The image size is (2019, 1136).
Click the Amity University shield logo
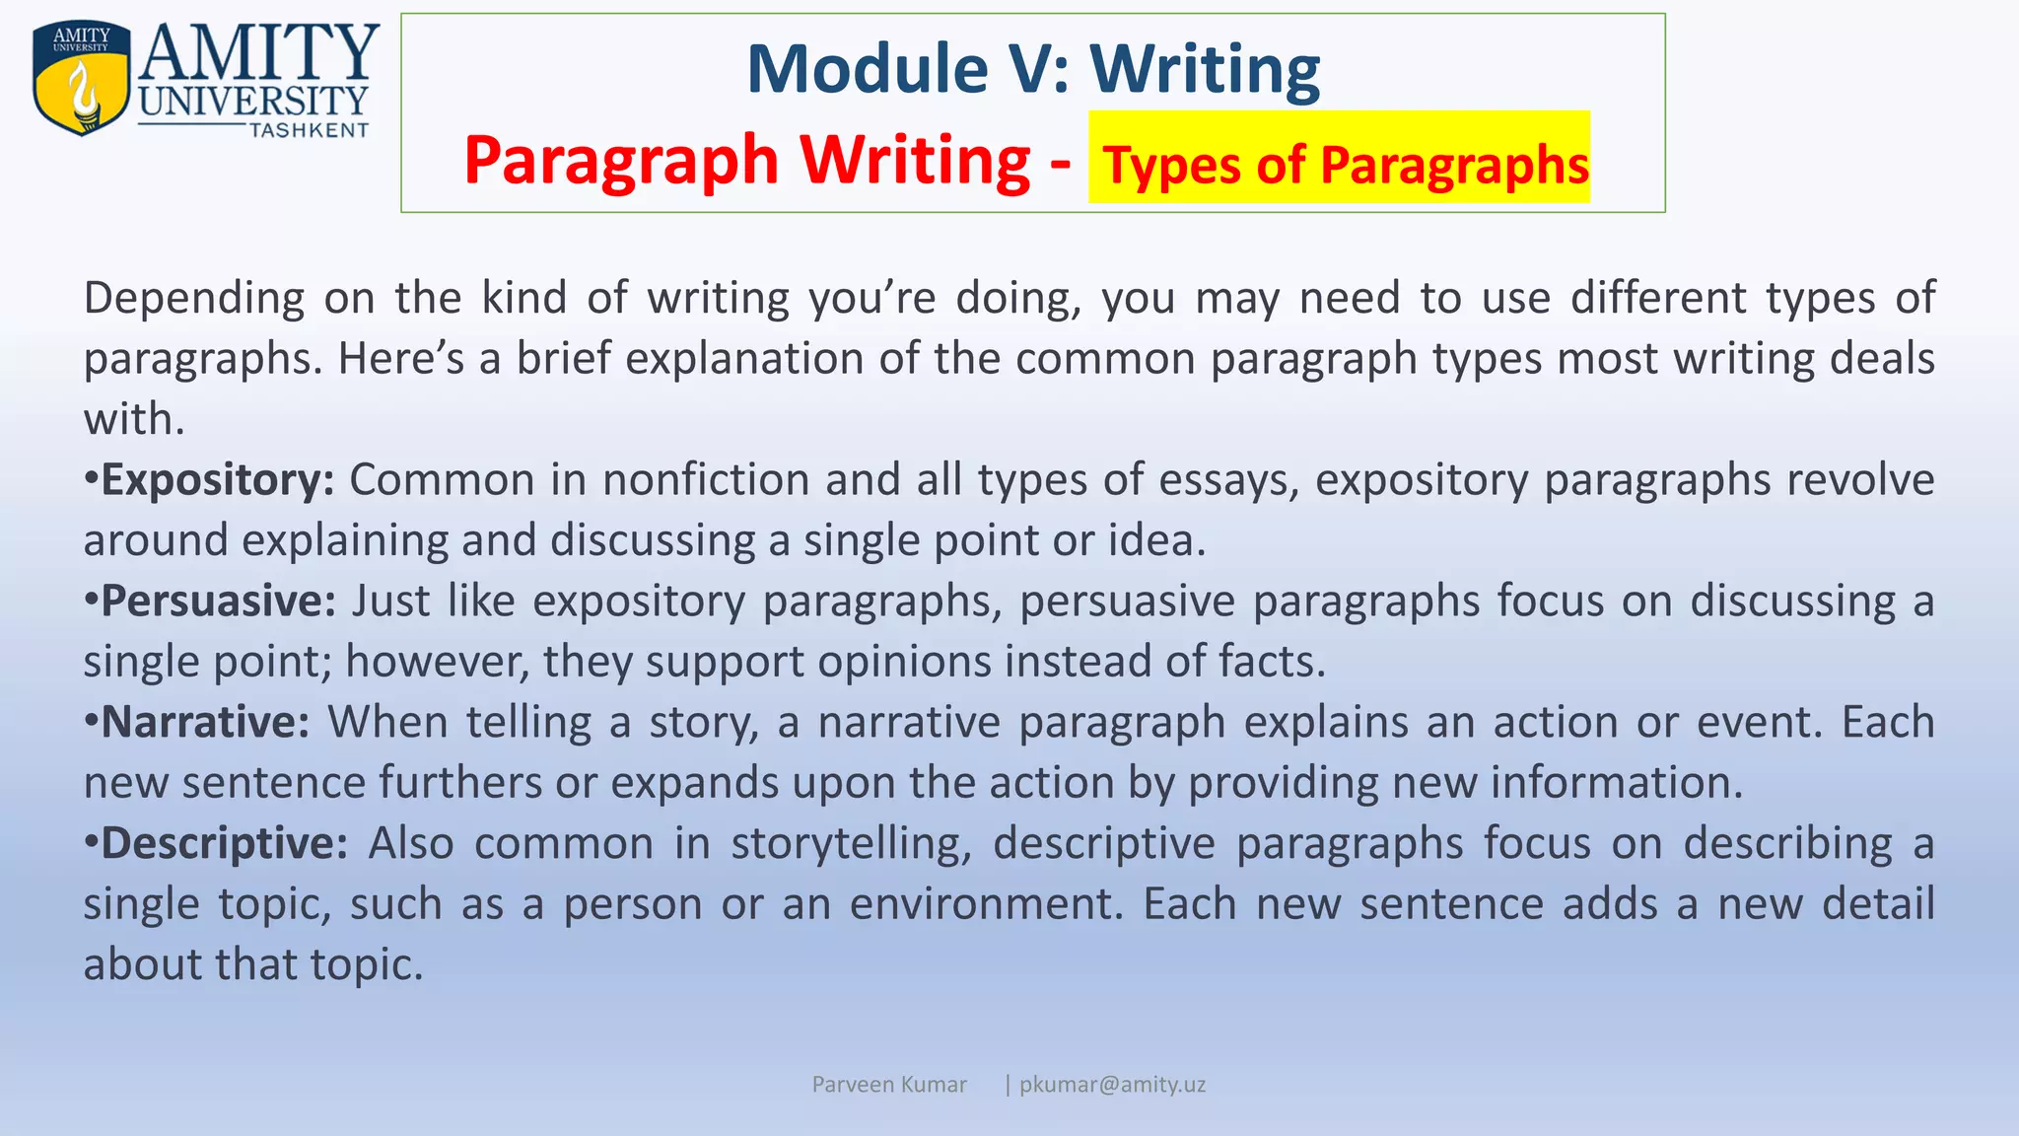point(81,78)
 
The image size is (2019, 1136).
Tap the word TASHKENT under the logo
point(309,130)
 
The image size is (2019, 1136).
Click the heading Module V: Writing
point(1032,68)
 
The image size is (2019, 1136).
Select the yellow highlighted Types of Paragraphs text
point(1345,164)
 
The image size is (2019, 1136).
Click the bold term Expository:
point(218,480)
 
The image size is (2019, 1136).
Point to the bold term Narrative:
point(206,723)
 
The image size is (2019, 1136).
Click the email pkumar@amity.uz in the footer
point(1112,1085)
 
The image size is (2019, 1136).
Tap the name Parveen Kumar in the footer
point(888,1085)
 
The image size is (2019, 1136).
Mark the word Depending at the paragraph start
point(194,299)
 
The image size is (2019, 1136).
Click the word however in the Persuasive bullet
point(439,662)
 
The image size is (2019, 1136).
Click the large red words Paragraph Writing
point(745,160)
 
